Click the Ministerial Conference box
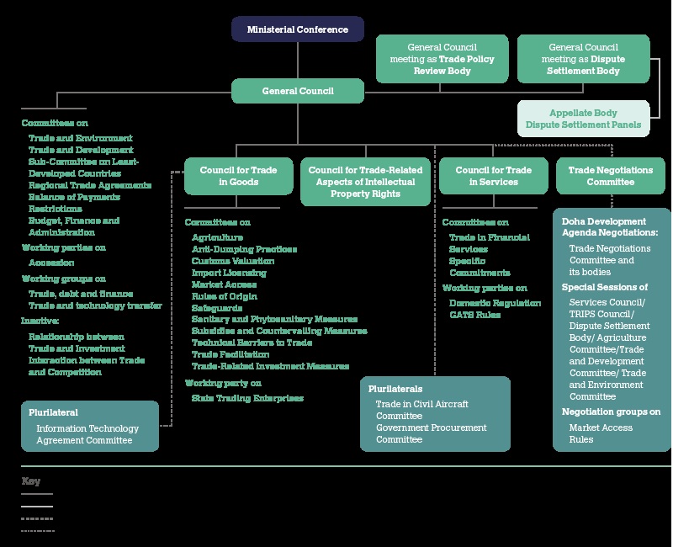tap(298, 29)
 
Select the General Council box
tap(298, 91)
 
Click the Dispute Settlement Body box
tap(583, 60)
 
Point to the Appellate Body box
tap(583, 119)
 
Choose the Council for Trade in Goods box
tap(227, 175)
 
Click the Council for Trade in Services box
tap(493, 175)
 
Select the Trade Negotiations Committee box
tap(610, 175)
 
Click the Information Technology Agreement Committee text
tap(87, 434)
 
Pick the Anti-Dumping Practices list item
tap(244, 250)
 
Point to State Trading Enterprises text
tap(246, 398)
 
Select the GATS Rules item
tap(474, 315)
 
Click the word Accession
tap(51, 263)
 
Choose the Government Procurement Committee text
tap(431, 433)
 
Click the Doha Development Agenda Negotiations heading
tap(610, 226)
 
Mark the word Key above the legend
tap(30, 481)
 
